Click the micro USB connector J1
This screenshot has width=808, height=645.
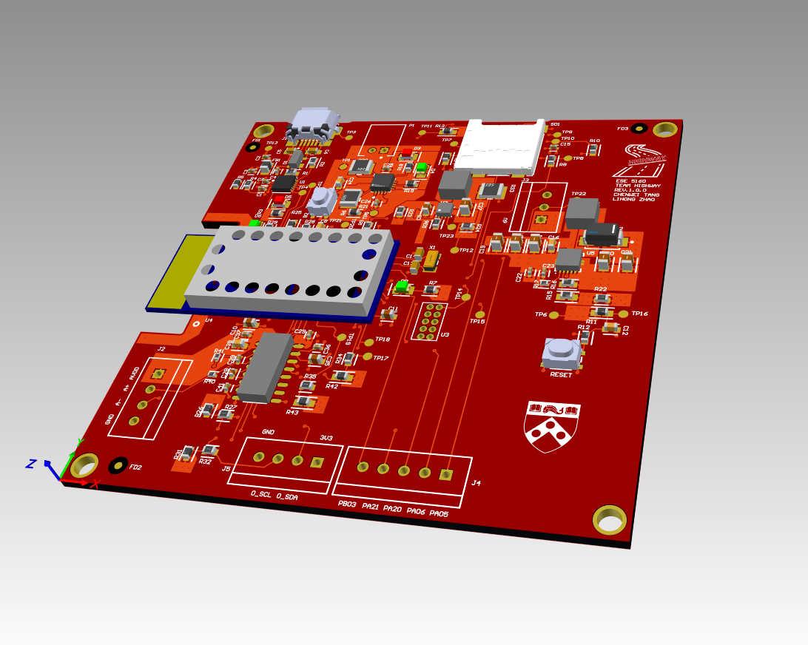pyautogui.click(x=314, y=126)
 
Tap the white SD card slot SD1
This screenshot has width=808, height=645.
pyautogui.click(x=497, y=143)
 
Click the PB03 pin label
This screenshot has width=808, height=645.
pyautogui.click(x=347, y=504)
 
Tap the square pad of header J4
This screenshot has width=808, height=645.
pyautogui.click(x=445, y=475)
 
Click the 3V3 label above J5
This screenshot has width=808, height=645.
pyautogui.click(x=326, y=438)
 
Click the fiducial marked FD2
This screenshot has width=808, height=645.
pyautogui.click(x=118, y=465)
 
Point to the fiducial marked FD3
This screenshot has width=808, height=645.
pyautogui.click(x=640, y=127)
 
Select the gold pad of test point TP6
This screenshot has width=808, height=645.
pyautogui.click(x=555, y=314)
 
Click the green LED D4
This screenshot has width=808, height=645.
pyautogui.click(x=402, y=286)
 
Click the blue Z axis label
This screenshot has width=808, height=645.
pyautogui.click(x=32, y=464)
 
